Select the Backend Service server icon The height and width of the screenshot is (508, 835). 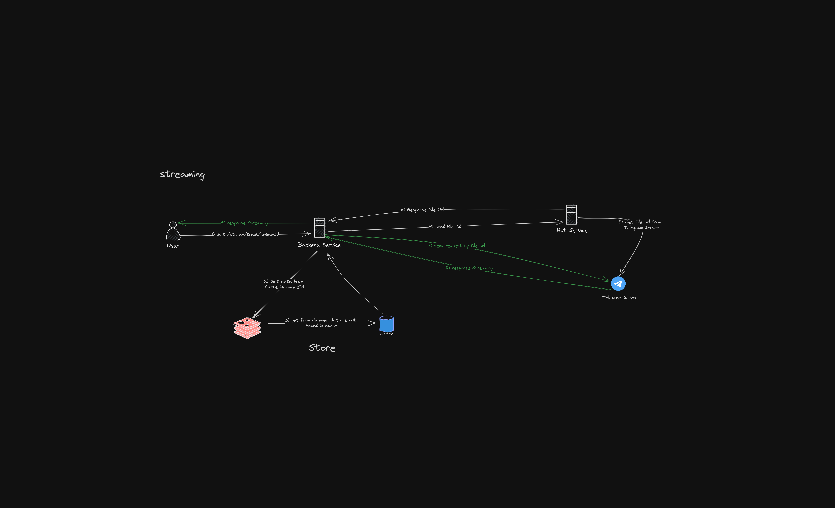(320, 228)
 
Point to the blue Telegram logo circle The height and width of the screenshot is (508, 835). (618, 284)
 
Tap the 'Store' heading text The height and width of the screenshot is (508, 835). (322, 348)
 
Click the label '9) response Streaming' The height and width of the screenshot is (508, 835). (244, 223)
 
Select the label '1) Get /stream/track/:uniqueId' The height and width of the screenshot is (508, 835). (245, 234)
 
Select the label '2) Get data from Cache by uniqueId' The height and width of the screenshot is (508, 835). (284, 284)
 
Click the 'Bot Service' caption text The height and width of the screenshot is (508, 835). (572, 230)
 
